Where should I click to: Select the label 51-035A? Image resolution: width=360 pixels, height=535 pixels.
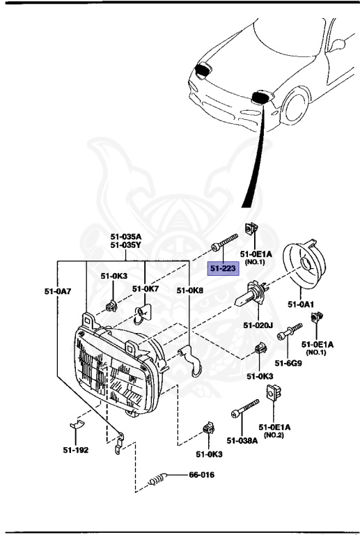(x=125, y=236)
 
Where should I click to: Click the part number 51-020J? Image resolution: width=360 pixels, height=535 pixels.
(x=257, y=325)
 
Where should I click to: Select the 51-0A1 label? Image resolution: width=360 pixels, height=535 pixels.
(x=301, y=304)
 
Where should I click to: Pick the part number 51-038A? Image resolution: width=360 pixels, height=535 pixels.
(x=241, y=440)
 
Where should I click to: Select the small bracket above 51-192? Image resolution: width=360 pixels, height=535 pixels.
(x=77, y=426)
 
